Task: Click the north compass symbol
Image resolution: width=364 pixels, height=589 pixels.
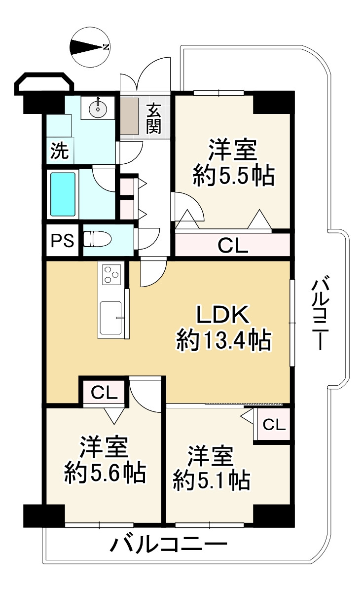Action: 90,47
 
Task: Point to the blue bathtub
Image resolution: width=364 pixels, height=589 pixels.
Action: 63,194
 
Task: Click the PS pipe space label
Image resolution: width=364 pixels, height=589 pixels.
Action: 63,241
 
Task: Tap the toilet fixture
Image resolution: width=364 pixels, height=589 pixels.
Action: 97,240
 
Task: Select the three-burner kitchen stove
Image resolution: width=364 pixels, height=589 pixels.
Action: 111,274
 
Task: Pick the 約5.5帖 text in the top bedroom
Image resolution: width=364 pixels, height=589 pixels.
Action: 233,176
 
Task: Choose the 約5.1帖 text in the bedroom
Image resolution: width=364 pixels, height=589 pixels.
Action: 211,479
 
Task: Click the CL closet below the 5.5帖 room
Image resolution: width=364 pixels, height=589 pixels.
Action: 232,245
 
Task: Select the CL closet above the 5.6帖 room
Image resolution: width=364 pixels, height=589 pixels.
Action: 105,393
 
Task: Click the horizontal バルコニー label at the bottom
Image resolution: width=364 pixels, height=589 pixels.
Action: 168,545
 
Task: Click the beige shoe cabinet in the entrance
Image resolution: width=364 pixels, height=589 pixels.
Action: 130,116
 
